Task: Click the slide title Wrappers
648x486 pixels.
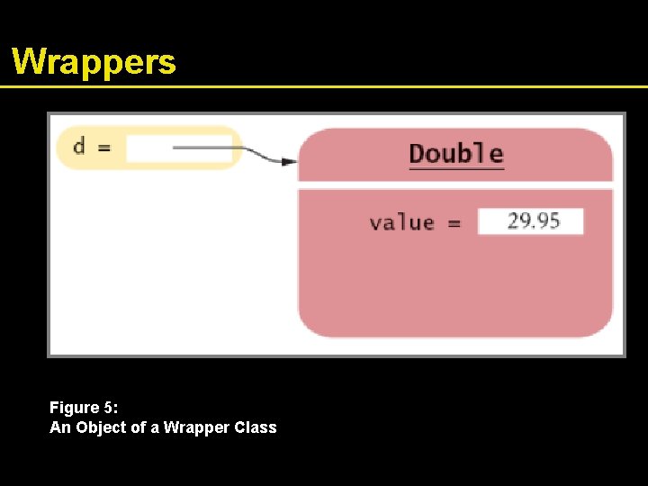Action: pos(94,61)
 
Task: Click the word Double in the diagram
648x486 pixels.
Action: pos(456,153)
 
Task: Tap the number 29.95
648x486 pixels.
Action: pos(533,221)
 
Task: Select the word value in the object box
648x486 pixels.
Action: pos(401,222)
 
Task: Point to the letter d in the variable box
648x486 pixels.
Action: pos(79,146)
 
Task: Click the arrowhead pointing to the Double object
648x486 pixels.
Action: pos(288,162)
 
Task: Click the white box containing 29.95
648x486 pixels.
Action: pos(530,221)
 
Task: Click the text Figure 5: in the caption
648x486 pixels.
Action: pos(84,408)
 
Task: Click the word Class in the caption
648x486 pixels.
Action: pos(256,427)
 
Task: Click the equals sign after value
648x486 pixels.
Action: pos(454,223)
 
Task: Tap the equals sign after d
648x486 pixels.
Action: pos(104,147)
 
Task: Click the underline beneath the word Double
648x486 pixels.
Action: pos(456,168)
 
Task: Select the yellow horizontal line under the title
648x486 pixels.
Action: pos(324,86)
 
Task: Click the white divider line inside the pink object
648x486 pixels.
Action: pos(455,185)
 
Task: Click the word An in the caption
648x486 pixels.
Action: pos(59,427)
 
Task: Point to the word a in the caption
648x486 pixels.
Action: pos(156,427)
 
